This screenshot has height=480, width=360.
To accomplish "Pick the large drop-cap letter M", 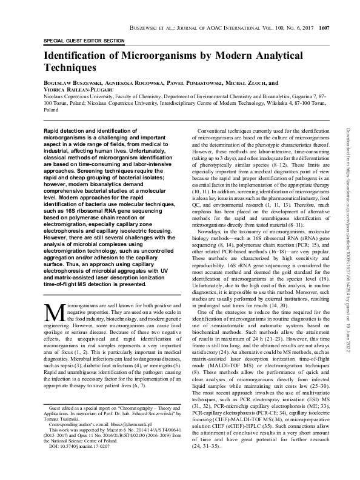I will pos(53,312).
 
